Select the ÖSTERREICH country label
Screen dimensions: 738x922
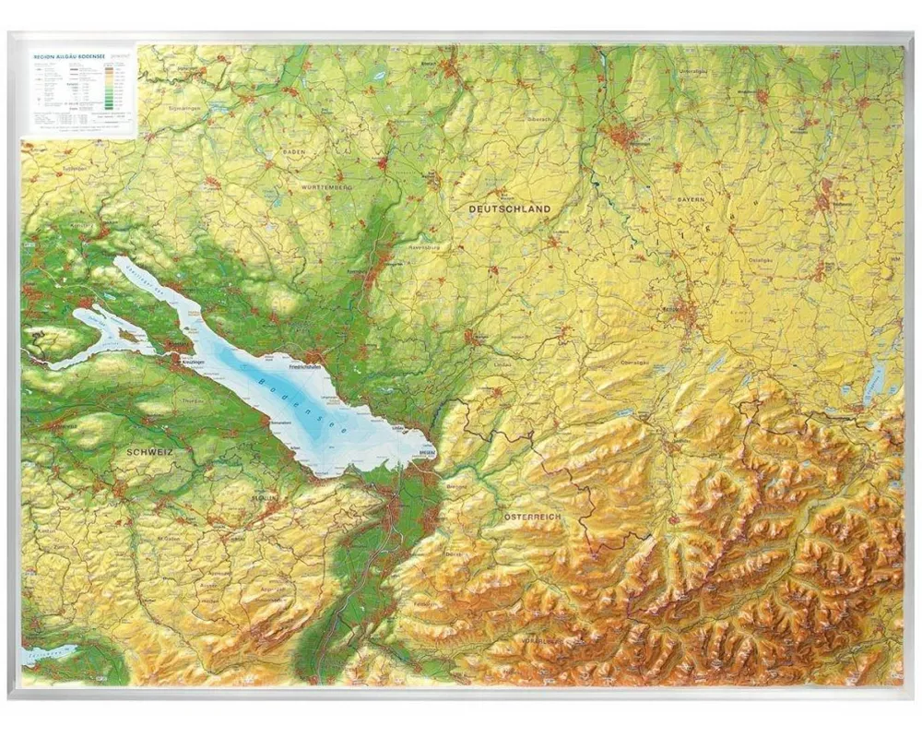532,518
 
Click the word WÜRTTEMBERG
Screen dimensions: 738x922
325,187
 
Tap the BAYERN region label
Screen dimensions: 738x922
690,199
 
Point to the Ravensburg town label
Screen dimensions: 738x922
425,248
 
